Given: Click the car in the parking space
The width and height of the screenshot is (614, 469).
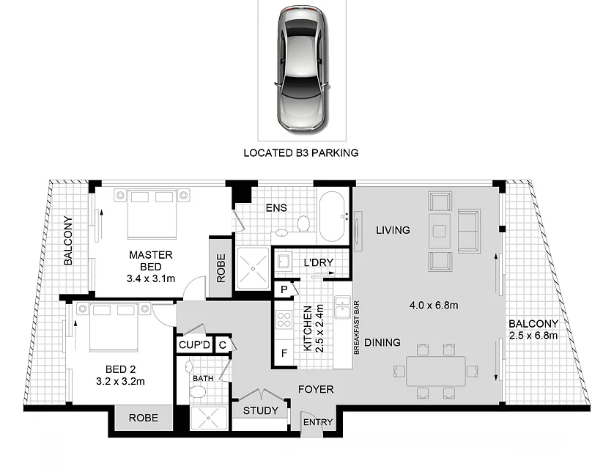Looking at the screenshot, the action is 302,70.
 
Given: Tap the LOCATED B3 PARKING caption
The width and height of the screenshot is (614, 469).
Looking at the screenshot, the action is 300,152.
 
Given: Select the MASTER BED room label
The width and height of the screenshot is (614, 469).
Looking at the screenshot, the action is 151,261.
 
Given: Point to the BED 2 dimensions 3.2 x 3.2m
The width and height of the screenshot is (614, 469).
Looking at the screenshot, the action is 120,381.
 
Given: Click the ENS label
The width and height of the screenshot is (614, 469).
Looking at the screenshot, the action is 276,208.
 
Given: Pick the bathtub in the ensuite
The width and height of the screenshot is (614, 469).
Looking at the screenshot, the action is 333,216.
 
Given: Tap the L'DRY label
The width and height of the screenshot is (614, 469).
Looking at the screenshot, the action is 318,262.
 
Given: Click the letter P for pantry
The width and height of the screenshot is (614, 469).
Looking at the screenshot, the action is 284,289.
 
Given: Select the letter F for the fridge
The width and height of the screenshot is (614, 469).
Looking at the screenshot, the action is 284,353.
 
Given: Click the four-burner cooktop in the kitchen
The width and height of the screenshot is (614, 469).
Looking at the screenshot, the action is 284,319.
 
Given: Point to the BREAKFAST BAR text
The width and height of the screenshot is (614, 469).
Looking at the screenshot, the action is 356,328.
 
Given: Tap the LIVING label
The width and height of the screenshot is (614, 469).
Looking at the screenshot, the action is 393,230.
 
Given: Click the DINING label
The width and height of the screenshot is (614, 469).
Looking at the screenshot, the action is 382,342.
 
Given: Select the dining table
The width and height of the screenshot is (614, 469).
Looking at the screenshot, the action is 435,371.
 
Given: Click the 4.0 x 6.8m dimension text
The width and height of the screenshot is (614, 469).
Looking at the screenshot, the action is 434,305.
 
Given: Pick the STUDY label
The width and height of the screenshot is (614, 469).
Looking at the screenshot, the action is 260,410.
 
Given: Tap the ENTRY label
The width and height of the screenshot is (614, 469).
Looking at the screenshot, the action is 317,422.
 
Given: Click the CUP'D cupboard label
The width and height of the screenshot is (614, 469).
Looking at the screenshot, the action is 194,345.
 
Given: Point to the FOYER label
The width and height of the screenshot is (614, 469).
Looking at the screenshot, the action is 316,389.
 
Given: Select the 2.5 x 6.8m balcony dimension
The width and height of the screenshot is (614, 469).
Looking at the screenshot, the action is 533,336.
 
